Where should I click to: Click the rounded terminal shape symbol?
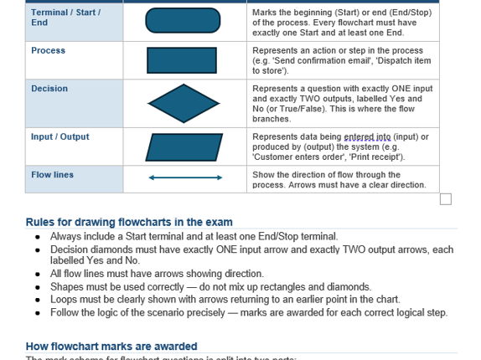point(184,22)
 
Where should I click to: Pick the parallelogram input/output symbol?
point(184,147)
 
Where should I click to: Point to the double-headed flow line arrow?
point(185,177)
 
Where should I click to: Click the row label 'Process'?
point(48,50)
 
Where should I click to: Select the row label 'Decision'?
point(49,89)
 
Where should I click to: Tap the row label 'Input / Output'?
point(60,136)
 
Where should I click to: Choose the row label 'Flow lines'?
point(52,175)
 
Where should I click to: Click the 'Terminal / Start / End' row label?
point(65,17)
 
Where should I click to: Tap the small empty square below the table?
point(446,198)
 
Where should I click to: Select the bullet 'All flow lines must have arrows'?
point(157,274)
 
